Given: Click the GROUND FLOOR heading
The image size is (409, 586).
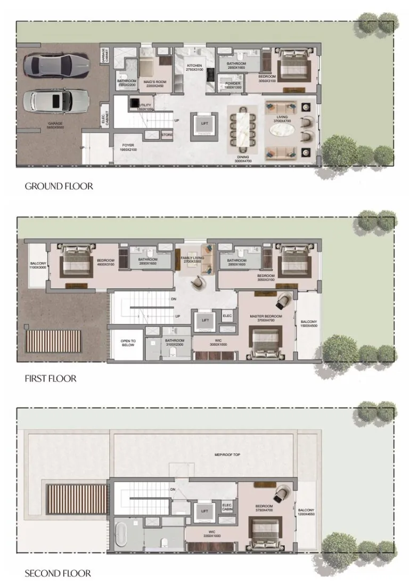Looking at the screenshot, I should click(x=59, y=186).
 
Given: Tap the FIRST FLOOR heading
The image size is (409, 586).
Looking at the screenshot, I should click(x=50, y=379).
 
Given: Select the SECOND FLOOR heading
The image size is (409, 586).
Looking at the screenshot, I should click(x=58, y=574).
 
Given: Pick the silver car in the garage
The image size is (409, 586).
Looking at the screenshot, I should click(x=51, y=100).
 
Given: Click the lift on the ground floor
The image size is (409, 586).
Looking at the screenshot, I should click(x=205, y=124).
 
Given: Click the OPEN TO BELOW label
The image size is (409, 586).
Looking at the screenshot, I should click(x=128, y=343).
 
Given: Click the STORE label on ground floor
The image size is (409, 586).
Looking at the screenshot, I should click(x=167, y=135).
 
